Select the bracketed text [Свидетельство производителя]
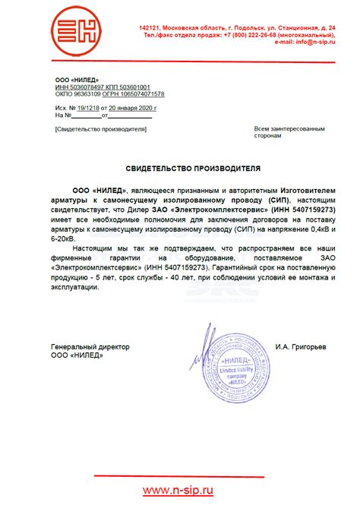coord(99,129)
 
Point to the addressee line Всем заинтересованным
coord(283,129)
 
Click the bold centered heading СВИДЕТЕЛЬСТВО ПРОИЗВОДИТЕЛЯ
coord(182,168)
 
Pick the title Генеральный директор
coord(90,346)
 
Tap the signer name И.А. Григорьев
coord(302,346)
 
